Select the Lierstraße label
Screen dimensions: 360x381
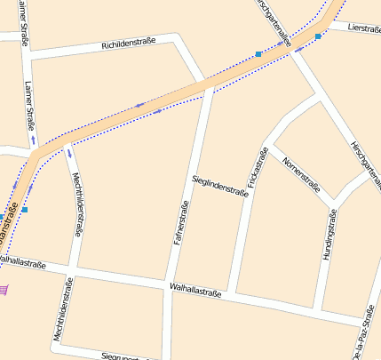(364, 28)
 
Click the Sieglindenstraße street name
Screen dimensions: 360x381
(219, 186)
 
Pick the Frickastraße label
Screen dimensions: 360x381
(258, 166)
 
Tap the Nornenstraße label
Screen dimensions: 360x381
(300, 173)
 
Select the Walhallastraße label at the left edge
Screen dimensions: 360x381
(22, 262)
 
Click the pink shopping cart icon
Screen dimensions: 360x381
(4, 289)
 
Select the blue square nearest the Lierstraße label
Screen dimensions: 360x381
(318, 36)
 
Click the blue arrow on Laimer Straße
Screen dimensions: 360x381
(34, 140)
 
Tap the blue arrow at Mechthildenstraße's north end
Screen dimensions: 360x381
(68, 154)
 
